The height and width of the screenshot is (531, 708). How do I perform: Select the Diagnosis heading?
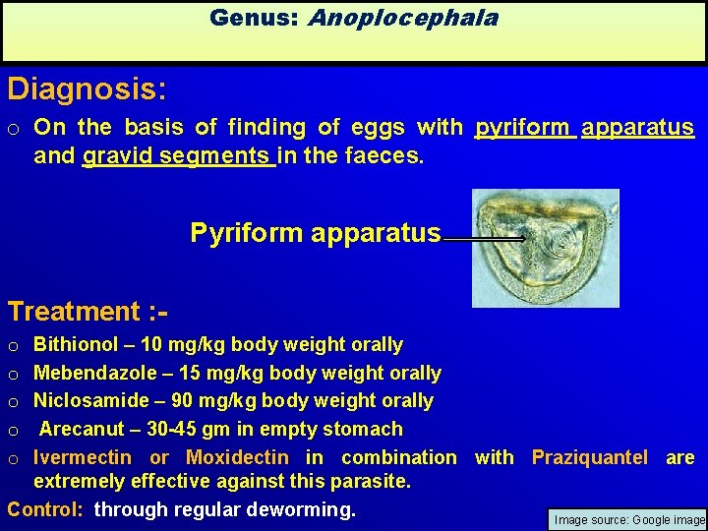pos(87,89)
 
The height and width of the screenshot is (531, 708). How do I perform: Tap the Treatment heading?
pos(88,312)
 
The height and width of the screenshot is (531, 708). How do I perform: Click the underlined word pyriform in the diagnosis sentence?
pos(523,127)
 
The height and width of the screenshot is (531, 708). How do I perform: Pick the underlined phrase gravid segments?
pos(178,155)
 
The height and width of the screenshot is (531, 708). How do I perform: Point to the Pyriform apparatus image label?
pos(315,233)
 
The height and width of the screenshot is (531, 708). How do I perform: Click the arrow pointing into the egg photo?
pos(485,238)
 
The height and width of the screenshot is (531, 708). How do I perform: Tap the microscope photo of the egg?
pos(546,248)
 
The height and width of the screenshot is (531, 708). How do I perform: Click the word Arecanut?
pos(82,429)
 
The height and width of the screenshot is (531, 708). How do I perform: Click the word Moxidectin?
pos(237,457)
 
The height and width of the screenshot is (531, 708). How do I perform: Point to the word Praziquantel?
pos(593,457)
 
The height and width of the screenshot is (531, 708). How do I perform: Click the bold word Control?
pos(45,510)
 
